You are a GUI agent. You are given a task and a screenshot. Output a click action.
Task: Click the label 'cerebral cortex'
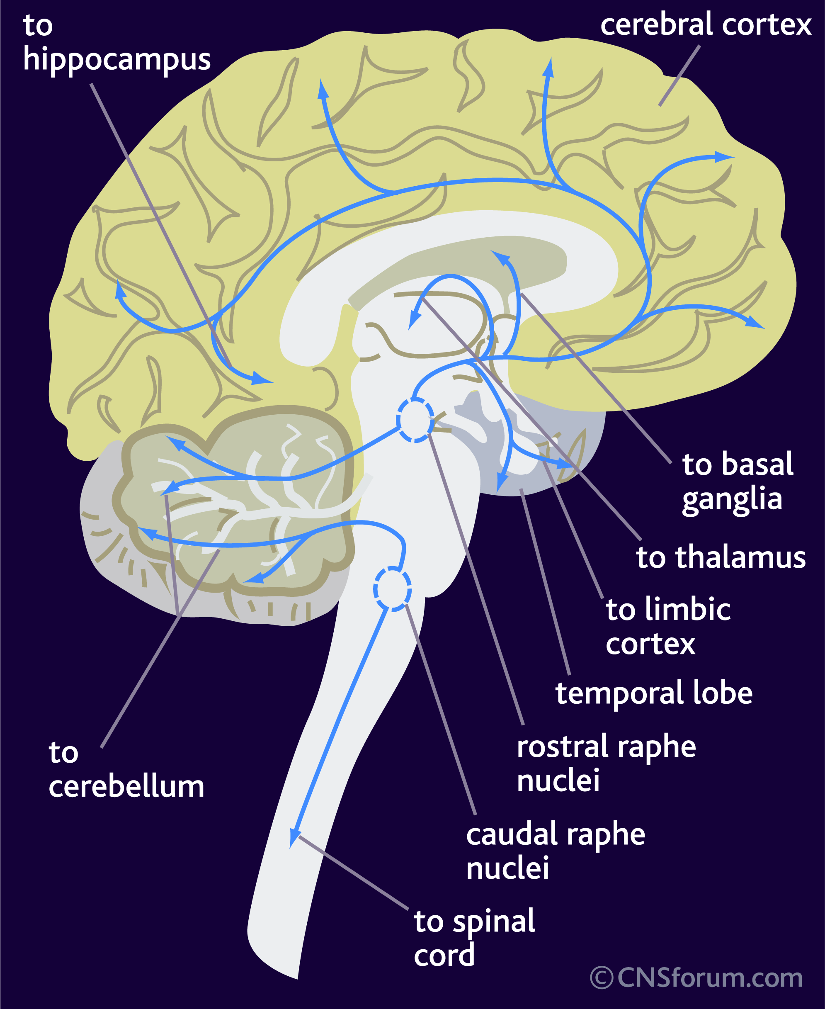point(705,25)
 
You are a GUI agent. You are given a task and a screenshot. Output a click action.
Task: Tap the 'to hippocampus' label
point(117,44)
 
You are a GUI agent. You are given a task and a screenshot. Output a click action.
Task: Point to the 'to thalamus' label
point(721,557)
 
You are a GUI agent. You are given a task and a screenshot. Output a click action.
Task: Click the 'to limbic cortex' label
point(668,626)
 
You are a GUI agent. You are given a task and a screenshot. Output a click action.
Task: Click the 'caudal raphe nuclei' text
point(556,851)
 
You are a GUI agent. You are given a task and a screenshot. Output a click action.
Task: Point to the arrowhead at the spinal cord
point(294,838)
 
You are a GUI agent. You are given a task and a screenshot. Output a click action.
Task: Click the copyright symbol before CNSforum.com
point(602,979)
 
